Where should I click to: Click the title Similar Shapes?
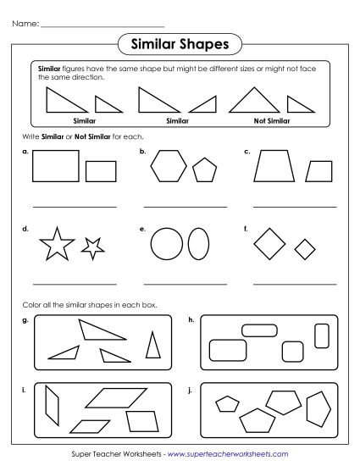[180, 43]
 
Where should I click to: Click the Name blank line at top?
[102, 25]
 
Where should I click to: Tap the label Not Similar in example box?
[271, 120]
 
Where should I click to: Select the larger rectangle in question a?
[56, 166]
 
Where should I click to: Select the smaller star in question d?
[91, 247]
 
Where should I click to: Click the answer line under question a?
[74, 206]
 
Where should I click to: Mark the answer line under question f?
[295, 282]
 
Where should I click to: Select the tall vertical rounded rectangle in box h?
[321, 336]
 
